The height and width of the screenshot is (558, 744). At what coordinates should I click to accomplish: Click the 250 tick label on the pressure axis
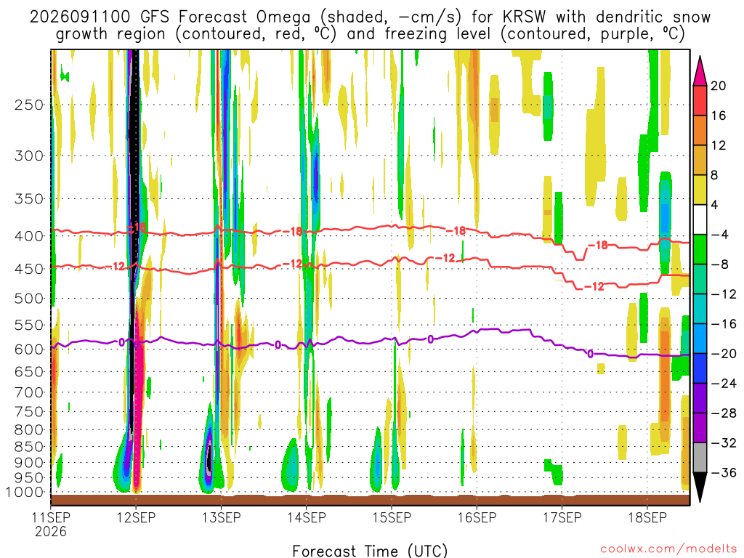[29, 105]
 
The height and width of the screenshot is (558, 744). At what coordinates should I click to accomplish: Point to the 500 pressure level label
[29, 299]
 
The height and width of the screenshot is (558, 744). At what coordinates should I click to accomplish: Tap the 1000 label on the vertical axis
[25, 493]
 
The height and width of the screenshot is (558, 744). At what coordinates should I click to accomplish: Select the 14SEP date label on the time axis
[307, 517]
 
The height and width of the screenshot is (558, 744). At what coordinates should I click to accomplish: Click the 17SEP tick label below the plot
[562, 517]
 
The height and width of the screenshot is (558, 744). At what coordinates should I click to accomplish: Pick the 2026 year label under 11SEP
[51, 531]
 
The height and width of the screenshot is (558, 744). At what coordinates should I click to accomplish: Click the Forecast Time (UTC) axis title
[370, 551]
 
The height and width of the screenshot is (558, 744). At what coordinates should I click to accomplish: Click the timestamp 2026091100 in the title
[80, 17]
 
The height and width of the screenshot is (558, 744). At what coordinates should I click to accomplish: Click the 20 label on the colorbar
[718, 86]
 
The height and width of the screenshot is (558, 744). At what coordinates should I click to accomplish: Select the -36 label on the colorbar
[724, 472]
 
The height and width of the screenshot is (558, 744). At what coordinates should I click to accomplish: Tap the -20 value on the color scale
[724, 354]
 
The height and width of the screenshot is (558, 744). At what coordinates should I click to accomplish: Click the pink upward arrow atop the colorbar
[700, 71]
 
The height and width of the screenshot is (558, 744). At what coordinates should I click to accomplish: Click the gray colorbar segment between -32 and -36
[700, 458]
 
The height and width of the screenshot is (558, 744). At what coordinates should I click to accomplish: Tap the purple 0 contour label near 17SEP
[590, 354]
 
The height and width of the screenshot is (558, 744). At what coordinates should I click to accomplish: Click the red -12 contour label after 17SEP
[594, 286]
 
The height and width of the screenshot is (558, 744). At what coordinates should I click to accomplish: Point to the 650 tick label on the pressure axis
[29, 371]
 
